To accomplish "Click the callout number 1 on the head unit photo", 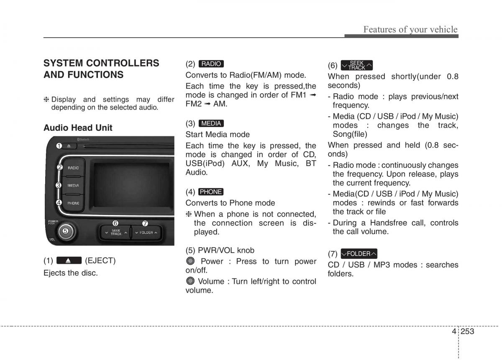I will pyautogui.click(x=59, y=146).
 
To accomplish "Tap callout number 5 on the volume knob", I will pyautogui.click(x=65, y=230).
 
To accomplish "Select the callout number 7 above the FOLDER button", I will pyautogui.click(x=145, y=223).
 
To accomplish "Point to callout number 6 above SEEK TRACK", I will pyautogui.click(x=115, y=223).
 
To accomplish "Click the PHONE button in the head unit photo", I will pyautogui.click(x=73, y=203).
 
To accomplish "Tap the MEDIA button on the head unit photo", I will pyautogui.click(x=73, y=185).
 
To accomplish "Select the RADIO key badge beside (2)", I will pyautogui.click(x=211, y=64).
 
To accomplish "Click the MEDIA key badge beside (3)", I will pyautogui.click(x=211, y=123).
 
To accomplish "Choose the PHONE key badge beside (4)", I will pyautogui.click(x=211, y=192).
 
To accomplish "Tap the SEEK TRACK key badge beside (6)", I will pyautogui.click(x=356, y=65).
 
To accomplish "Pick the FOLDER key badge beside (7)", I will pyautogui.click(x=359, y=254).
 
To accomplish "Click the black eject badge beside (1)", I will pyautogui.click(x=69, y=260).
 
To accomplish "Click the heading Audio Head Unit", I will pyautogui.click(x=78, y=128).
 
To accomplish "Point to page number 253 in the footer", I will pyautogui.click(x=467, y=332).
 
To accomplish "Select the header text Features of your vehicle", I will pyautogui.click(x=410, y=29).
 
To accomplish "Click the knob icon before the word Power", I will pyautogui.click(x=191, y=261).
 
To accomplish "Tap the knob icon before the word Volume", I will pyautogui.click(x=191, y=281).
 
